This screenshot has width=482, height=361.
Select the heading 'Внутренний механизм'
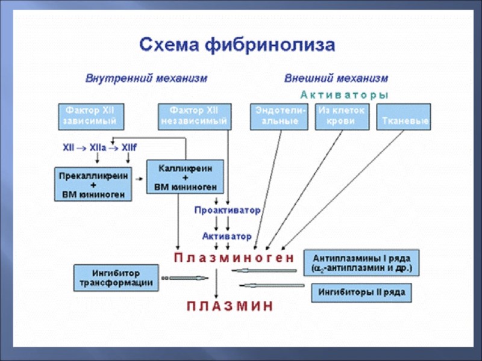pos(146,79)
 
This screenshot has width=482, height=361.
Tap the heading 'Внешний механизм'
pos(336,79)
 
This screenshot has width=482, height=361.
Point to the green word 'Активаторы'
pos(345,94)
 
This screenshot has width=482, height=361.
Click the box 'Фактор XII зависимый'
pos(90,117)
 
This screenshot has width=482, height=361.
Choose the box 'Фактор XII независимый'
pos(195,117)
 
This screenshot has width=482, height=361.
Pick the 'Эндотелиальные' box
pos(278,117)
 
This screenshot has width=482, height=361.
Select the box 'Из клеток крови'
pos(342,117)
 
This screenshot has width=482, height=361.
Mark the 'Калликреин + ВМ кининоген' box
pos(185,176)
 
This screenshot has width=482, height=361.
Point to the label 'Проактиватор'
pos(227,211)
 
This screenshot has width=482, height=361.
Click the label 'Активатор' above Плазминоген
pos(227,236)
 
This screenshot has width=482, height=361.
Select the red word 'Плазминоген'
pos(234,258)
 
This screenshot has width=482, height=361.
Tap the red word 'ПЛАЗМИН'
pos(230,306)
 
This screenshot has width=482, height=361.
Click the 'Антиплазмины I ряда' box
pos(361,262)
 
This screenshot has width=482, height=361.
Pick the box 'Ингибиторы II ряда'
pos(361,293)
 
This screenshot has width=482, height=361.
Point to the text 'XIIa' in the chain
pos(97,147)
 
